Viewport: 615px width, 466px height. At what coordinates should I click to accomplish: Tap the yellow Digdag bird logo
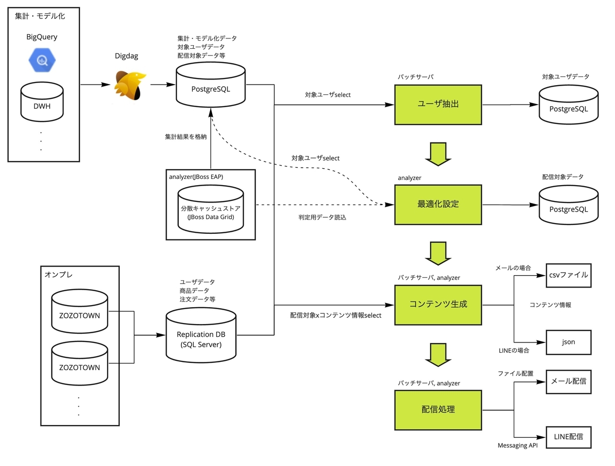click(129, 85)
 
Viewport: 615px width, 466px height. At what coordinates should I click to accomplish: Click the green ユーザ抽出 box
click(438, 105)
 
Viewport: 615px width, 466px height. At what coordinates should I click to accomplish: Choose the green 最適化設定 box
click(438, 204)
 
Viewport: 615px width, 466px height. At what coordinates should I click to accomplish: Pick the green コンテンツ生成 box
click(438, 304)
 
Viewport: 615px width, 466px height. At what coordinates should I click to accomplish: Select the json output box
click(568, 341)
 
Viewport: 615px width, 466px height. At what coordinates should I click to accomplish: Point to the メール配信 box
click(568, 381)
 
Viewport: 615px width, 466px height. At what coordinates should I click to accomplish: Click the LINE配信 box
click(568, 437)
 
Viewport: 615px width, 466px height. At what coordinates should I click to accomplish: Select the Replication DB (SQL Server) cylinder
click(201, 336)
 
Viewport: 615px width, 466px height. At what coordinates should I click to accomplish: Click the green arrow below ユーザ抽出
click(439, 154)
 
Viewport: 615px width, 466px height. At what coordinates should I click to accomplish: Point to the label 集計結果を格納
click(186, 137)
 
